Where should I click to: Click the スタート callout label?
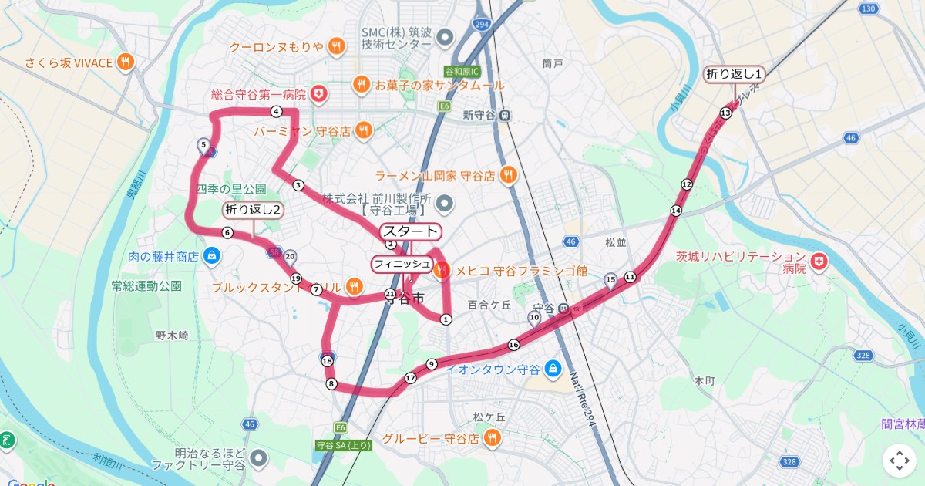[x=411, y=231]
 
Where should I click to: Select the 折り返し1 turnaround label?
[x=735, y=74]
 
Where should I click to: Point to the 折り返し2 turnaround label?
[x=253, y=210]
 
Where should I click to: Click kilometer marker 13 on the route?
[x=725, y=113]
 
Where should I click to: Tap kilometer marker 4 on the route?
[x=276, y=111]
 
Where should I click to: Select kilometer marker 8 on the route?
[x=331, y=383]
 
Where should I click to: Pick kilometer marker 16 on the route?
[x=513, y=344]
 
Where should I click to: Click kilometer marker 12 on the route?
[x=687, y=184]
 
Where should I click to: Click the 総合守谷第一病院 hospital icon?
[x=318, y=95]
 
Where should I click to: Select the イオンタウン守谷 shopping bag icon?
[x=552, y=369]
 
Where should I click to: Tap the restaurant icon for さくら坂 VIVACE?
[x=126, y=62]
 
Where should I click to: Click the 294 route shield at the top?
[x=483, y=25]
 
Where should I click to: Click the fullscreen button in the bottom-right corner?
[x=900, y=461]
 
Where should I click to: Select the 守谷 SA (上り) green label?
[x=344, y=445]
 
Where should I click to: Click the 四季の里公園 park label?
[x=231, y=189]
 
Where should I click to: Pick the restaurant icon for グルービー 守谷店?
[x=492, y=439]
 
